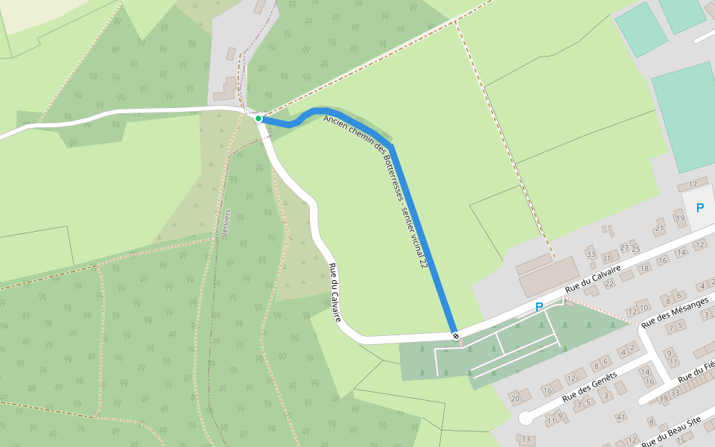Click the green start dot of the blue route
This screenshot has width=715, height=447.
click(x=258, y=118)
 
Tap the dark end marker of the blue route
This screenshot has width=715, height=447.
click(x=455, y=336)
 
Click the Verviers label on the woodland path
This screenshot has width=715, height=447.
click(x=227, y=223)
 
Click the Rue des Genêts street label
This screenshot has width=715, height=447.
click(x=590, y=387)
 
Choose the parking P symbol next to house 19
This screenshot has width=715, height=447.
click(x=699, y=208)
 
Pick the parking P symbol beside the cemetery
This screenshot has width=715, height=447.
click(x=539, y=306)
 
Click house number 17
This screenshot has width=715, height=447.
click(x=693, y=184)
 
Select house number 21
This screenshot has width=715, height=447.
click(x=659, y=228)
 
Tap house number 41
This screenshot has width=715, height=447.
click(x=620, y=416)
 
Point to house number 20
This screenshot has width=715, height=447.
click(x=515, y=399)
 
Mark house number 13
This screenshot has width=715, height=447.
click(x=527, y=440)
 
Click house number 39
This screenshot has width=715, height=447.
click(x=664, y=400)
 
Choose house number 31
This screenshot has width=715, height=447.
click(x=606, y=258)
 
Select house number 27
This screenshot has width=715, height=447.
click(x=624, y=248)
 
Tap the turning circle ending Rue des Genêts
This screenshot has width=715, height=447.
click(x=527, y=417)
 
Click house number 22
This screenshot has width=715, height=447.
click(x=609, y=283)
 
